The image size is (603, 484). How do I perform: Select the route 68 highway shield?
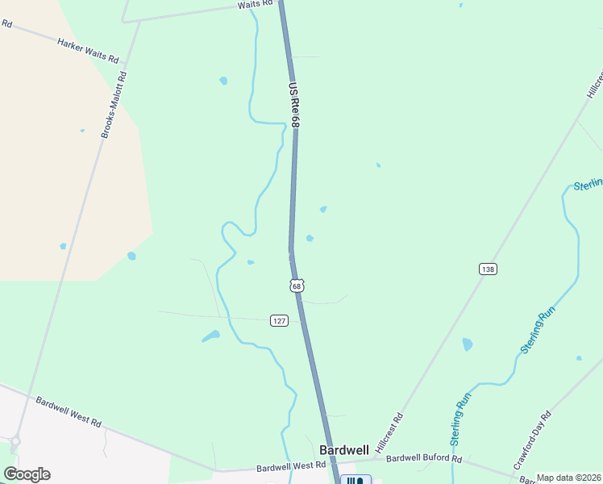297,286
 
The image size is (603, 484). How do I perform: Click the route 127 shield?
279,320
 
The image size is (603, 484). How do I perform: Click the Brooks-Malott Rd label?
114,106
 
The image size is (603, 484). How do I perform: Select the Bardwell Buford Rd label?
423,458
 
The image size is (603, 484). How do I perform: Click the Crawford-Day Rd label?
532,440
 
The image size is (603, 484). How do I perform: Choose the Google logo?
27,474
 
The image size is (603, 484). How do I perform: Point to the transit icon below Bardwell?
355,480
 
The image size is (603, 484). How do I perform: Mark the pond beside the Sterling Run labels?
468,344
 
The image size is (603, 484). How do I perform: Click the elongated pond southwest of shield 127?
211,336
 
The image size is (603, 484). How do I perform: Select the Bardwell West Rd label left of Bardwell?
291,466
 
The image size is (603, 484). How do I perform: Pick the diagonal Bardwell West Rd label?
68,411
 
